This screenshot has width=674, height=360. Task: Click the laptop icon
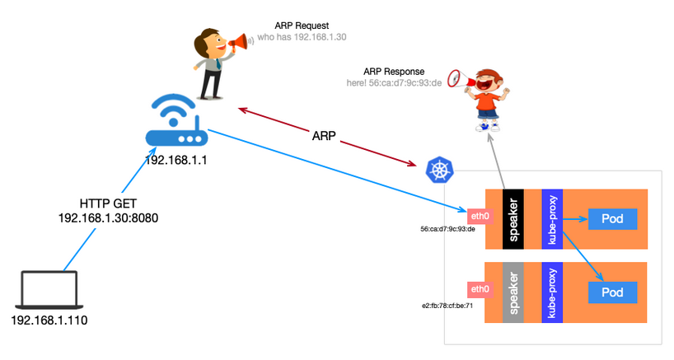49,289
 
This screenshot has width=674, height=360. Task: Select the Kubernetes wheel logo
439,170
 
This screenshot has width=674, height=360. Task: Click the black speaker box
513,219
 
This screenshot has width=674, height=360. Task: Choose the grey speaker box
513,292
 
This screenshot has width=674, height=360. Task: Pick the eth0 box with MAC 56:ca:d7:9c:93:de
480,216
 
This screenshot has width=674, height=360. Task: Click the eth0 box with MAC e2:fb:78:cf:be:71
480,289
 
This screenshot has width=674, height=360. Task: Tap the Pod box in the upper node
612,219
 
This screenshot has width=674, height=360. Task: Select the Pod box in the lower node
612,292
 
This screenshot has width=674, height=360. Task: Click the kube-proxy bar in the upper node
552,219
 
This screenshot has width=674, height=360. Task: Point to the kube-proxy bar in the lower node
552,292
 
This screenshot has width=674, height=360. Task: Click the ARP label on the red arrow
324,136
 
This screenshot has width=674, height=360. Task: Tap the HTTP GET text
108,203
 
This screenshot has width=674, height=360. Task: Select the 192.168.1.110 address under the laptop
49,320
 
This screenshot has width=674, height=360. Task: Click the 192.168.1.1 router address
176,161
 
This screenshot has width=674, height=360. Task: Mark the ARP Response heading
394,72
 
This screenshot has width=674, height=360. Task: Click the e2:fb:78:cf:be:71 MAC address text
447,306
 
